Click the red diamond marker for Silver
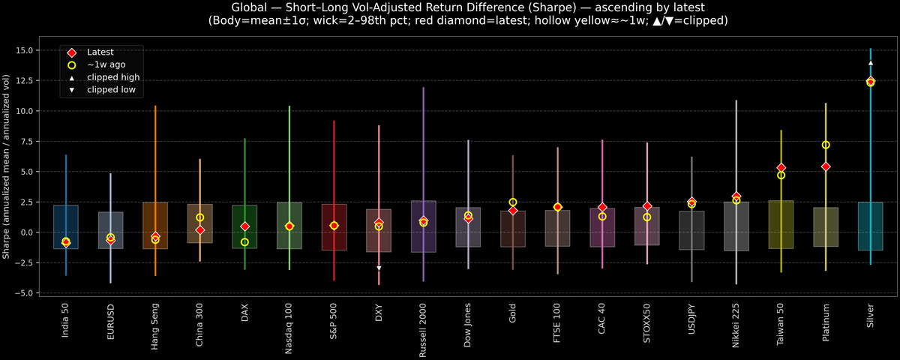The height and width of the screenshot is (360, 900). point(870,81)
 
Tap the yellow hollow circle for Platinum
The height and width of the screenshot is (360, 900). point(826,145)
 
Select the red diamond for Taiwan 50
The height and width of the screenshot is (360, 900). point(781,168)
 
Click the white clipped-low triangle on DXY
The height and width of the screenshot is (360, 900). point(379,268)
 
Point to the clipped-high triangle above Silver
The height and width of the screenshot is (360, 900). point(870,63)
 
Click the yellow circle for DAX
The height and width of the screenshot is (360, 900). point(244,242)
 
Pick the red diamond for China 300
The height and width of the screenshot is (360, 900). point(200,230)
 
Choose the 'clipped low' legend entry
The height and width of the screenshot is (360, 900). point(111,90)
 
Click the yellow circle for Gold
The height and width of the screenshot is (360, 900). point(513,202)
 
